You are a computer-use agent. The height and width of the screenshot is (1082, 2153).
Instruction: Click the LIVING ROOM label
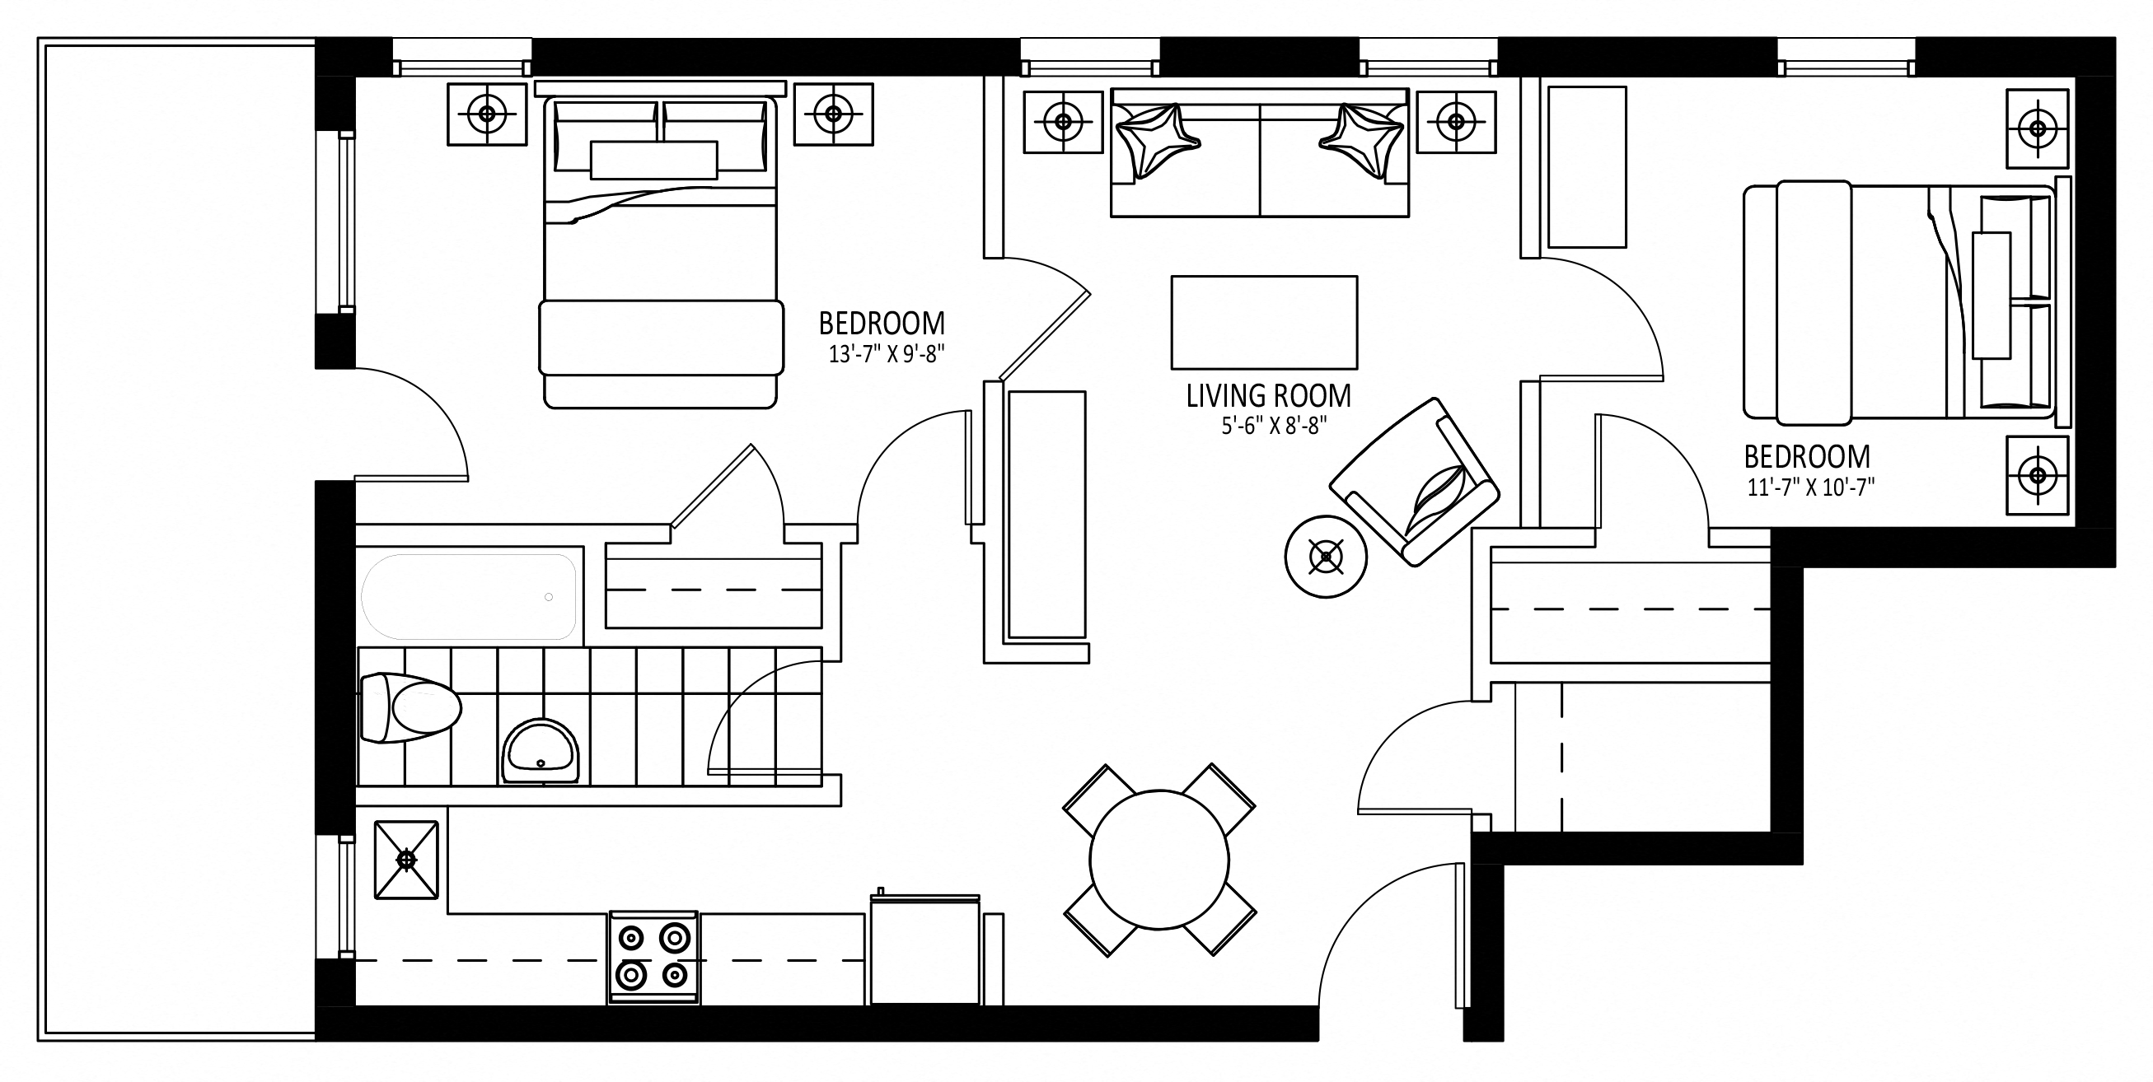(1268, 396)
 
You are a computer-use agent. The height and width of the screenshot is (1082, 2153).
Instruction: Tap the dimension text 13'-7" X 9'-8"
(886, 354)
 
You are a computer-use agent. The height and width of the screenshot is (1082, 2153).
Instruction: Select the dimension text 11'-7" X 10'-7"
(1810, 487)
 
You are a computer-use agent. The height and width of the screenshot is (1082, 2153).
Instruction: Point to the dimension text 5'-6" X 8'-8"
(1275, 426)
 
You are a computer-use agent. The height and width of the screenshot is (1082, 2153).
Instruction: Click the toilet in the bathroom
(410, 707)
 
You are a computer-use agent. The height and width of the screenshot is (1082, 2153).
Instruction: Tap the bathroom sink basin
(540, 750)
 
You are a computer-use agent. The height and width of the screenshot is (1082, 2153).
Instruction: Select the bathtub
(469, 596)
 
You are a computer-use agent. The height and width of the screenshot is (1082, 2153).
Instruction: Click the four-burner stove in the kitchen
(653, 958)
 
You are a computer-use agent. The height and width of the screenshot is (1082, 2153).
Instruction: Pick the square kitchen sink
(406, 860)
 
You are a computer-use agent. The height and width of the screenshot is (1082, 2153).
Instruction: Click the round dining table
(1159, 860)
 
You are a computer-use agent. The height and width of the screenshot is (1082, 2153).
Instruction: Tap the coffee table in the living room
(1264, 323)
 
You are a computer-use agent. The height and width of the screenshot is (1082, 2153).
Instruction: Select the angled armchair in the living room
(1414, 482)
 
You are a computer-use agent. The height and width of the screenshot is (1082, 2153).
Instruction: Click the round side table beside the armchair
(1326, 557)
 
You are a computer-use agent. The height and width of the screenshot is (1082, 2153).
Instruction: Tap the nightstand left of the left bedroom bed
(487, 114)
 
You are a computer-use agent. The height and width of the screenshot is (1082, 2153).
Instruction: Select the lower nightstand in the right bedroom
(2038, 475)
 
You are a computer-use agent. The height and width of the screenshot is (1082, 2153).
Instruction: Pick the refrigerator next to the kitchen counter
(924, 949)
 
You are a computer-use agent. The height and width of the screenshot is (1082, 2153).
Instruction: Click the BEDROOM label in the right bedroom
(1807, 457)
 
